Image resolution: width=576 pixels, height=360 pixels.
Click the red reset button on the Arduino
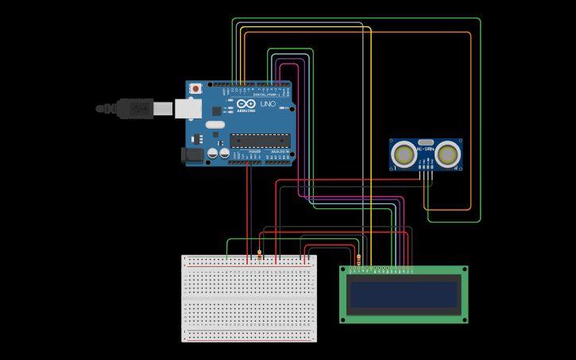tap(195, 88)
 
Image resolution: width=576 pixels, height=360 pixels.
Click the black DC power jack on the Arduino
tap(192, 156)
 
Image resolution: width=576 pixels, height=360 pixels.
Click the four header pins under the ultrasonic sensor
tap(427, 173)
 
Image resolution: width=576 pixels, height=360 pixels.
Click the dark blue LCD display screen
tap(404, 294)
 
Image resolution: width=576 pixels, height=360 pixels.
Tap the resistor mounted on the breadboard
tap(259, 257)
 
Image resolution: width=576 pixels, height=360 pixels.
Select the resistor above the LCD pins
tap(361, 259)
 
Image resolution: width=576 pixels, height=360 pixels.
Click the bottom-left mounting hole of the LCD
tap(344, 319)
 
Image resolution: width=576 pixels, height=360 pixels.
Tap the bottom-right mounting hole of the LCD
tap(464, 319)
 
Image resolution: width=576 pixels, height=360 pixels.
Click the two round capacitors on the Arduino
tap(218, 152)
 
